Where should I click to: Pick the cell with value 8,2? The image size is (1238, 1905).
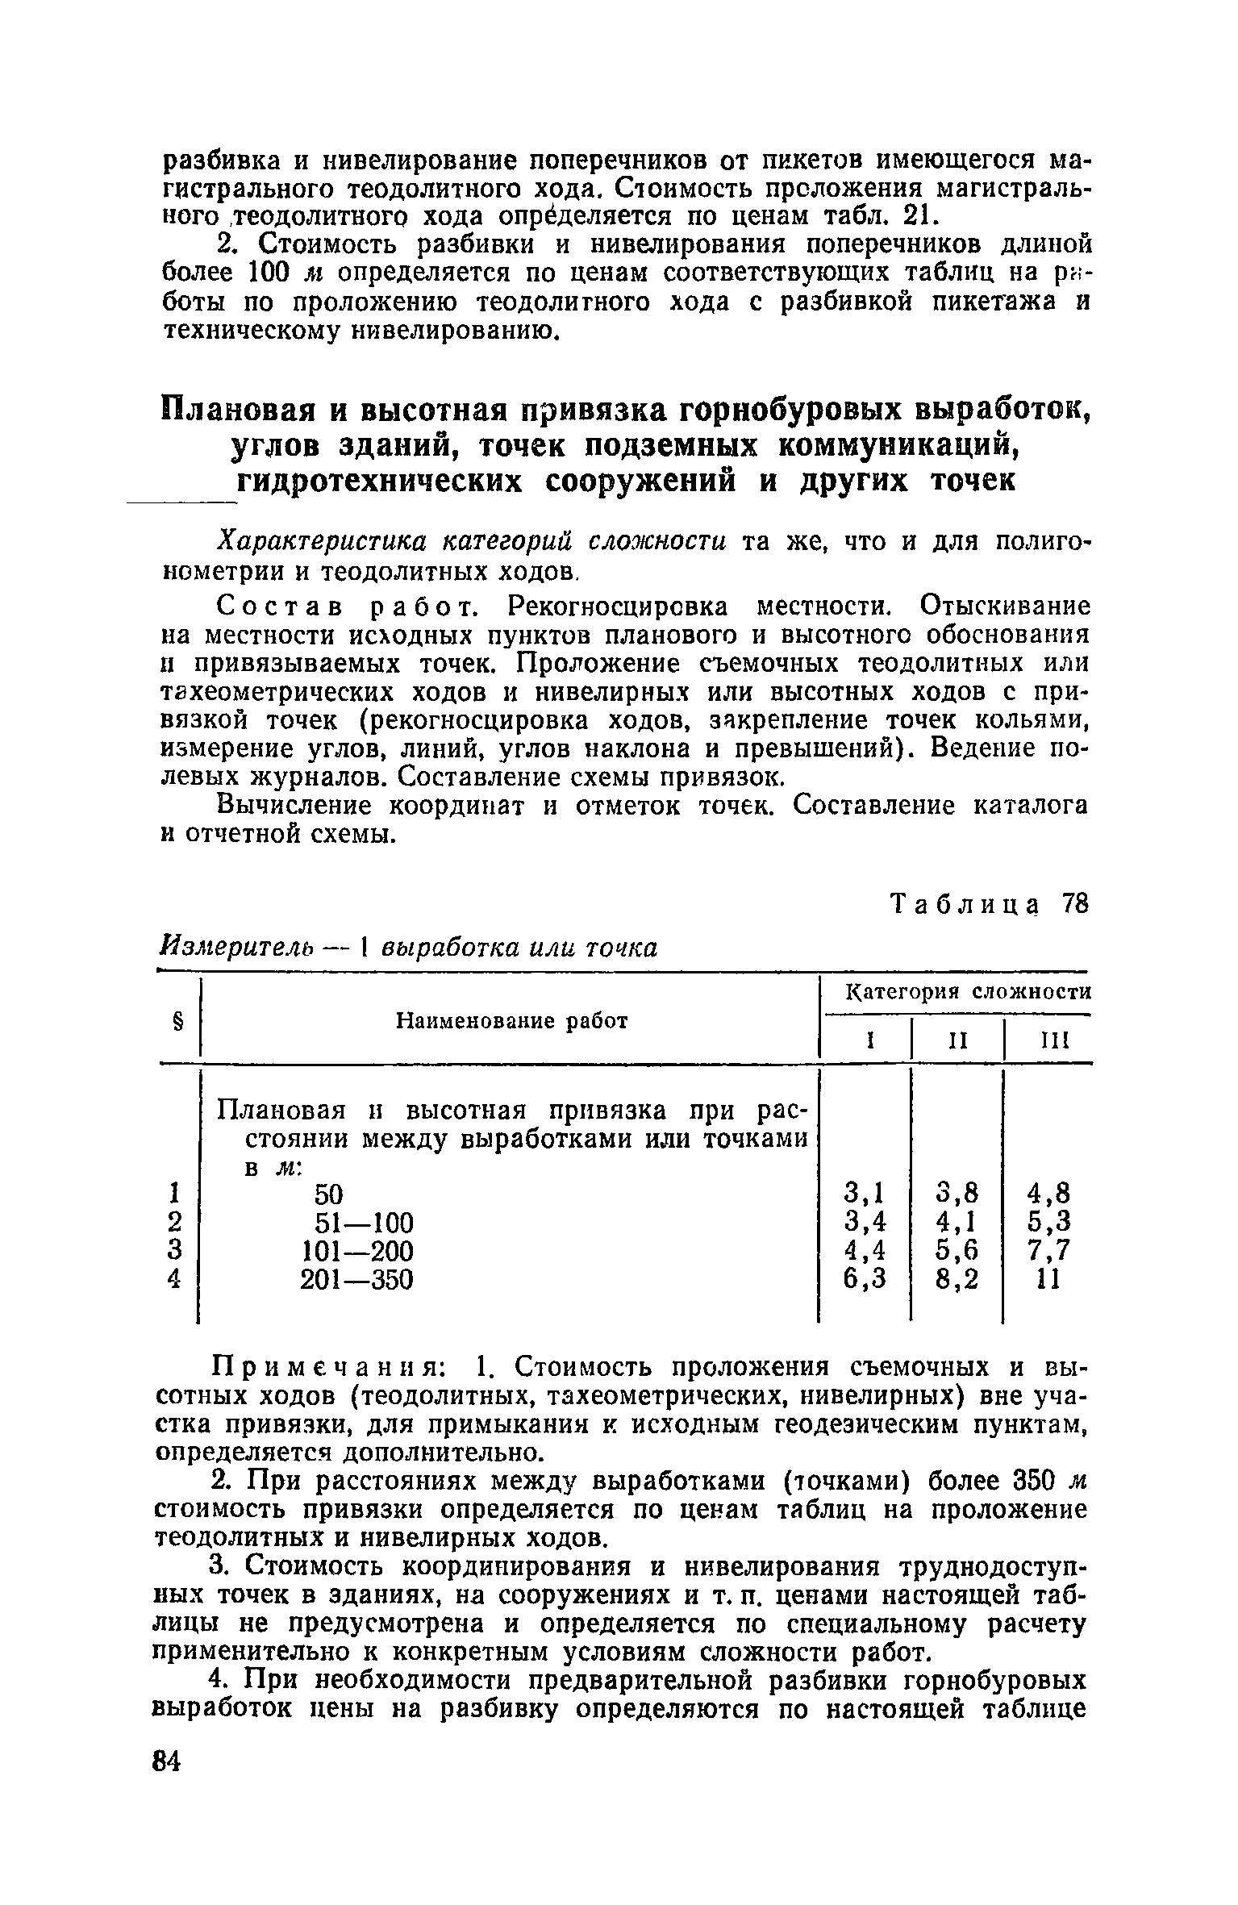click(x=957, y=1279)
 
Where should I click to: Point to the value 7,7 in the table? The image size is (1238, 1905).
click(x=1048, y=1250)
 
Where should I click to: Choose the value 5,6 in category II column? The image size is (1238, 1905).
click(x=957, y=1250)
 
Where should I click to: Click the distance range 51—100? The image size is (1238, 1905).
click(x=364, y=1223)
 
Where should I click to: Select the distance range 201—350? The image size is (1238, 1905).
click(x=356, y=1279)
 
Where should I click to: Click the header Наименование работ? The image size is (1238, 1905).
click(x=512, y=1021)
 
